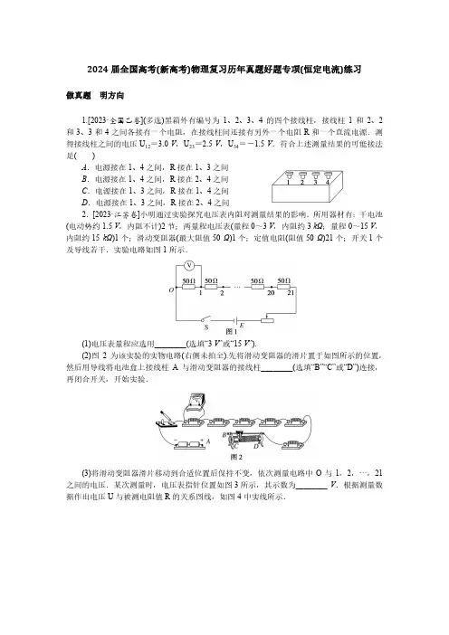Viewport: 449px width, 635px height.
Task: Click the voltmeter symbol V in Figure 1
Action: coord(189,266)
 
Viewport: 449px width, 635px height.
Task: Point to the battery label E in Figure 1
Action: coord(242,326)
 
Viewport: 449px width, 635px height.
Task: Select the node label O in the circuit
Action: coord(171,290)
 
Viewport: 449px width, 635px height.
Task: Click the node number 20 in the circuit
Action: coord(271,293)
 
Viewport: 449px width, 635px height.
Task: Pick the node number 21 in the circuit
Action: coord(291,292)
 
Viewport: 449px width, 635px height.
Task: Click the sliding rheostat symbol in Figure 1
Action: coord(267,320)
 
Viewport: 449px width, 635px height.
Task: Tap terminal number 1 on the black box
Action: coord(288,183)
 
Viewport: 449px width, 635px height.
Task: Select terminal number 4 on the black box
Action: coord(328,183)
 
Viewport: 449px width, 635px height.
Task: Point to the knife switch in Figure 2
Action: coord(167,420)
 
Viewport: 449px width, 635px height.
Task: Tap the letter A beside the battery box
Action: coord(208,441)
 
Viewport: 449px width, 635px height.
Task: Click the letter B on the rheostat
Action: coord(224,435)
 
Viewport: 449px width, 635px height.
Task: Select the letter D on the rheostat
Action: coord(255,446)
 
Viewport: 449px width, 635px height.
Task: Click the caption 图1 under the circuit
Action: coord(232,332)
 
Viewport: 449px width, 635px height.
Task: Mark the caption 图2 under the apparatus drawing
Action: coord(236,457)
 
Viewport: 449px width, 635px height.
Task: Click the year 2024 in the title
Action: coord(97,70)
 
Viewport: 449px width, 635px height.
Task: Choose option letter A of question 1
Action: coord(85,167)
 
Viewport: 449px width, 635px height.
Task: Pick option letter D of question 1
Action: coord(85,203)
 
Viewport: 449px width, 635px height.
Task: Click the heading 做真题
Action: coord(78,96)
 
